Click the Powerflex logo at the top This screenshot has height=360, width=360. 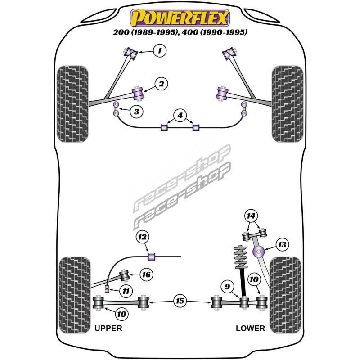click(180, 18)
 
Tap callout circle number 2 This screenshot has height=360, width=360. click(161, 83)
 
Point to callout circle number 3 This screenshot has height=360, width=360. click(135, 111)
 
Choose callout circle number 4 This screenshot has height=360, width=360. click(180, 117)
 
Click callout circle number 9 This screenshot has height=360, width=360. click(227, 286)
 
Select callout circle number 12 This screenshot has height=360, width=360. click(143, 237)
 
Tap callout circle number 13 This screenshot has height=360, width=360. click(282, 244)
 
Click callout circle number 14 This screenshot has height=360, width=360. click(250, 216)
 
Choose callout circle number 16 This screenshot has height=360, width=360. click(146, 274)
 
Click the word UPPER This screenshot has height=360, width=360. click(108, 328)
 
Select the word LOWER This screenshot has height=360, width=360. click(250, 328)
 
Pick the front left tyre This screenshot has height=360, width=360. click(73, 103)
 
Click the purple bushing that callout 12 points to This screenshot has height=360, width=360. click(152, 256)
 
